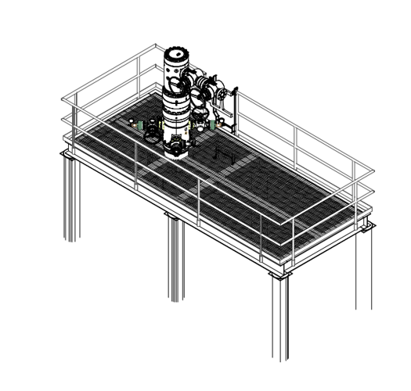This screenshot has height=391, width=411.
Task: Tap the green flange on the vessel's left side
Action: tap(139, 125)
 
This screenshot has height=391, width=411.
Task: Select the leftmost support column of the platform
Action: tap(71, 199)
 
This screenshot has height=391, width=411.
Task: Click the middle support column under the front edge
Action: tap(175, 258)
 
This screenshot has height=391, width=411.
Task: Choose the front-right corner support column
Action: tap(279, 321)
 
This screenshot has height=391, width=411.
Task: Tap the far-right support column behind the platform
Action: tap(363, 266)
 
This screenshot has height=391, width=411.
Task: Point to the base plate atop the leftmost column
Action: tap(70, 156)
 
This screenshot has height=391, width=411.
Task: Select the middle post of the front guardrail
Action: tap(198, 200)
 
